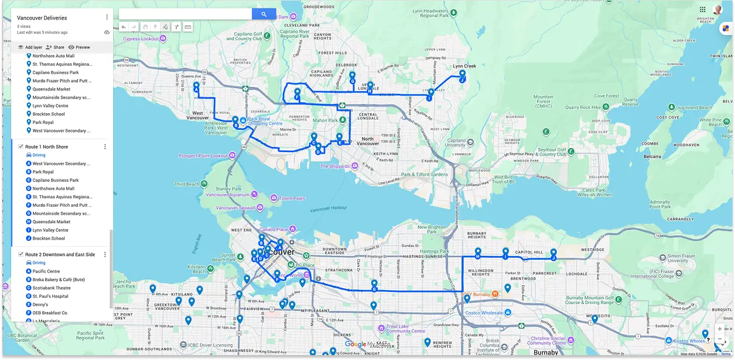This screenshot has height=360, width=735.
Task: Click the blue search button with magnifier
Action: [x=264, y=14]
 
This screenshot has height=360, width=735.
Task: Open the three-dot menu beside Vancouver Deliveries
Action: [x=107, y=18]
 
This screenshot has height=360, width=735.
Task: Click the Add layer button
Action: [x=30, y=47]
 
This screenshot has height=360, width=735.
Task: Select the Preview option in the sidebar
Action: [x=79, y=47]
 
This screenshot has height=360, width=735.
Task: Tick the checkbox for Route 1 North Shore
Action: [x=21, y=147]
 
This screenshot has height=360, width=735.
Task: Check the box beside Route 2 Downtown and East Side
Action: [x=21, y=254]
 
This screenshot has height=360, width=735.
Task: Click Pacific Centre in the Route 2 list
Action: [x=46, y=271]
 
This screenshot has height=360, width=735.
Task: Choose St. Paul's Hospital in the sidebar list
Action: [x=51, y=296]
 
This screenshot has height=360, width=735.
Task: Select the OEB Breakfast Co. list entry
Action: [x=51, y=313]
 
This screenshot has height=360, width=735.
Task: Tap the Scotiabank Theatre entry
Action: [x=52, y=288]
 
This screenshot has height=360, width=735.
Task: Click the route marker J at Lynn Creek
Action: [x=462, y=78]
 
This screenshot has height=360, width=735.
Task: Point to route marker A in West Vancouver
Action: [x=197, y=88]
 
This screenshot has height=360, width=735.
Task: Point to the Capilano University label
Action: [x=456, y=142]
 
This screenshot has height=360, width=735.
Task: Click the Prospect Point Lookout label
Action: [x=203, y=156]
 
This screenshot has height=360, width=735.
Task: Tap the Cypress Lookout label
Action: [x=141, y=38]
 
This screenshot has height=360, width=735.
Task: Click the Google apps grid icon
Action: [x=703, y=10]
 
